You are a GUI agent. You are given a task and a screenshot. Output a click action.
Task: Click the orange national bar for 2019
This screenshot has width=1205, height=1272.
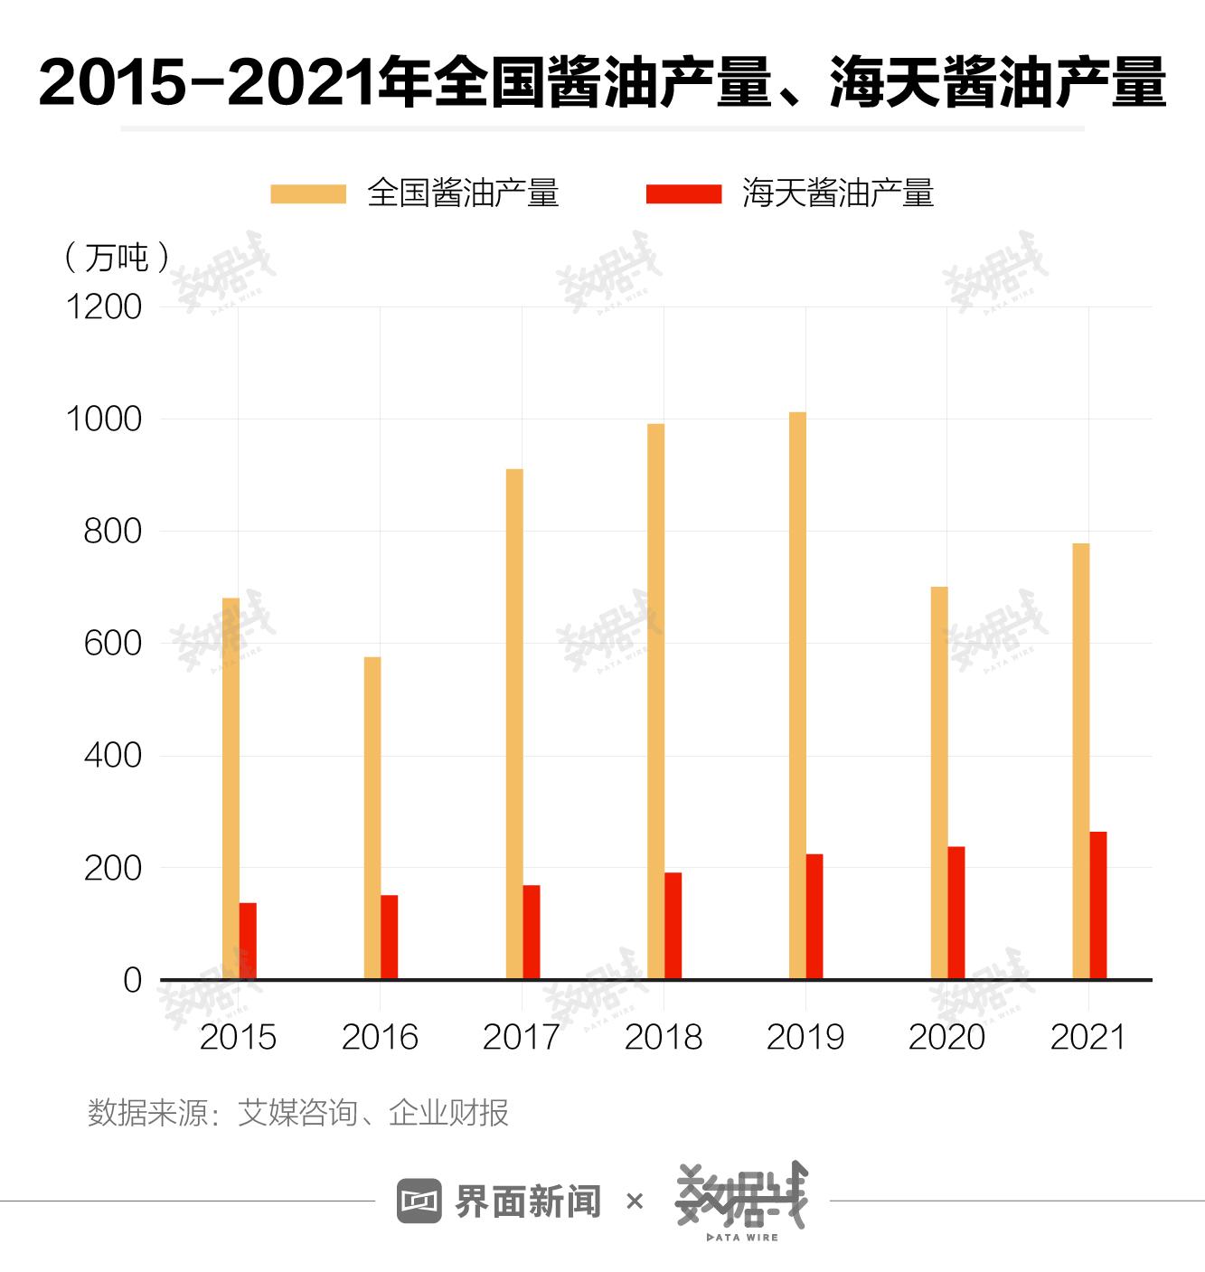click(797, 696)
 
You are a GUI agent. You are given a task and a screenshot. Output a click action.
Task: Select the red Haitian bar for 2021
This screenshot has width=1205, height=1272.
click(1098, 905)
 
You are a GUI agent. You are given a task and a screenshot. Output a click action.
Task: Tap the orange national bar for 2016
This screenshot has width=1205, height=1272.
click(372, 818)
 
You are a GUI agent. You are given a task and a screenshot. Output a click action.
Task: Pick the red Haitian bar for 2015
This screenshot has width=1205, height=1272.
click(248, 940)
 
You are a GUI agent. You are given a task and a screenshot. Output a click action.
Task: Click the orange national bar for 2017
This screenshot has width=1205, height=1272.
click(514, 723)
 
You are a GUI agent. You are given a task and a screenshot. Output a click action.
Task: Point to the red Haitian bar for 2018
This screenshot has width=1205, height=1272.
click(673, 926)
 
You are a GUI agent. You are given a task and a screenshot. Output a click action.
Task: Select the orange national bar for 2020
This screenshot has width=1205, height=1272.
click(939, 783)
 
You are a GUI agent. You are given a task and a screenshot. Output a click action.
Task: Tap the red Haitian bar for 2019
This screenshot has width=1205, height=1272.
click(814, 917)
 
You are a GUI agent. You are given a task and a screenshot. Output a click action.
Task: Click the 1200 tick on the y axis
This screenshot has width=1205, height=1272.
click(104, 307)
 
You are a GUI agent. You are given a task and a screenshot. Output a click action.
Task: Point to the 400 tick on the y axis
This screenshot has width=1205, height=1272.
click(113, 756)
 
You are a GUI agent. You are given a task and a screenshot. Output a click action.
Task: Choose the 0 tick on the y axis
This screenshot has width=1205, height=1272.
click(132, 980)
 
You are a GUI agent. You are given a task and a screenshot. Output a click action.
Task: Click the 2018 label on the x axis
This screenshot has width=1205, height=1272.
click(664, 1037)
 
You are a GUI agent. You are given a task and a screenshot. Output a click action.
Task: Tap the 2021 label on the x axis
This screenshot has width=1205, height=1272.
click(1088, 1037)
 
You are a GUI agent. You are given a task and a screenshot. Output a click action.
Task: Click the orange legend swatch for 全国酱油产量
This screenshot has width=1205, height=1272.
click(308, 193)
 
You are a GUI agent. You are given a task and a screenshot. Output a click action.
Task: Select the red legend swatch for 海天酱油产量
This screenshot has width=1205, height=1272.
click(683, 193)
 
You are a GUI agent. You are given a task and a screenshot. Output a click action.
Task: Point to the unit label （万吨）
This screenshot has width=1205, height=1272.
click(118, 258)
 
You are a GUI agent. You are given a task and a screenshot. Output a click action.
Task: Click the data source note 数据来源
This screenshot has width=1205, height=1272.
click(297, 1113)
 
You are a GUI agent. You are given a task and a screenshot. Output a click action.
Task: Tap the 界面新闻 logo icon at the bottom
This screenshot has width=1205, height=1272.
click(419, 1201)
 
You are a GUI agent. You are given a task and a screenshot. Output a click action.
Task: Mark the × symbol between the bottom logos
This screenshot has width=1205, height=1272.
click(635, 1201)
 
